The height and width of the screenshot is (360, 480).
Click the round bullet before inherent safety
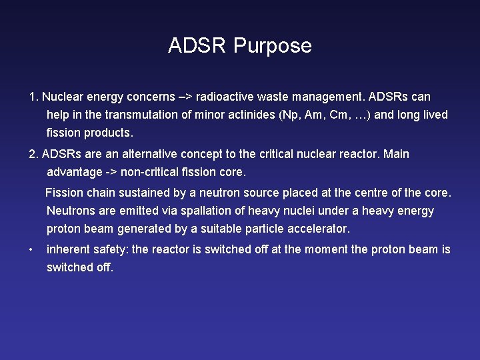(31, 250)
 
